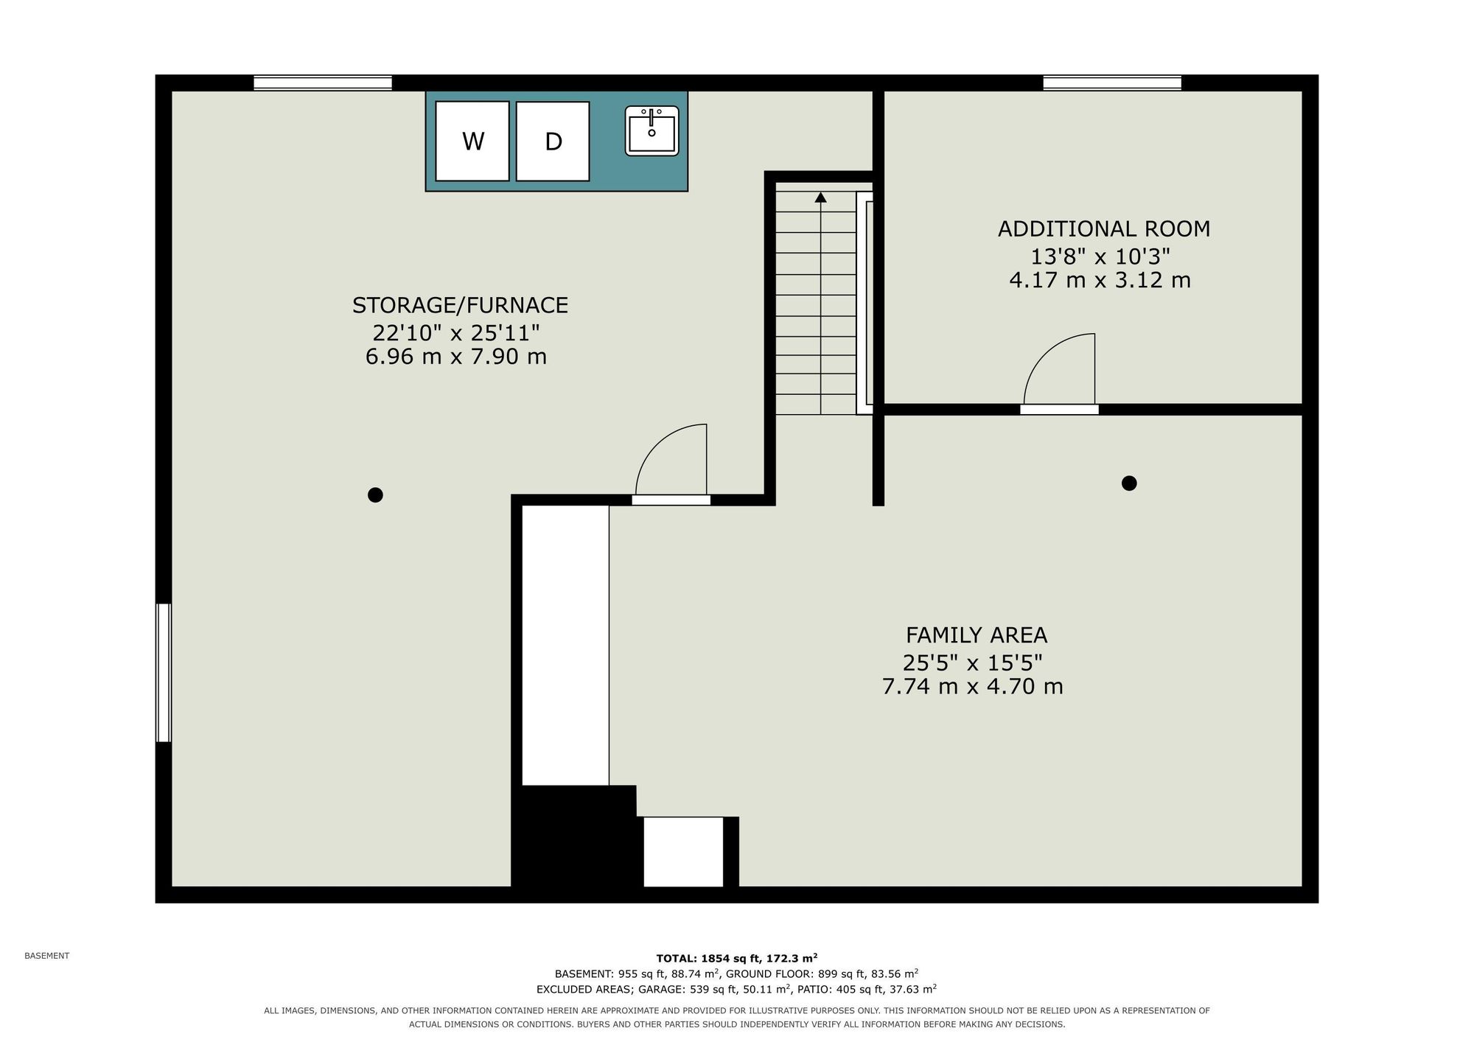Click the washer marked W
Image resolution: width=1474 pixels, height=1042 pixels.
(x=472, y=141)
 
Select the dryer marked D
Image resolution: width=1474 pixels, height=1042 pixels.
(x=553, y=141)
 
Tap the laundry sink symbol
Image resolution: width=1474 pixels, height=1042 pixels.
(x=652, y=130)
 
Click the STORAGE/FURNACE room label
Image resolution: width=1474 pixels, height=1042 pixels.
(x=460, y=305)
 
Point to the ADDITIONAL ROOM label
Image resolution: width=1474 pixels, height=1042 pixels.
(x=1104, y=229)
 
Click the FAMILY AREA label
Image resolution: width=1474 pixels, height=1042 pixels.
(x=977, y=635)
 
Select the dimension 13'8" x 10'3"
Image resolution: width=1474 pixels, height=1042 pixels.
(x=1100, y=256)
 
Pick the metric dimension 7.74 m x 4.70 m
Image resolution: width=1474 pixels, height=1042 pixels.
(x=973, y=687)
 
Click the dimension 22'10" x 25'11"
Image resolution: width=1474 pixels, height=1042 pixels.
(x=456, y=333)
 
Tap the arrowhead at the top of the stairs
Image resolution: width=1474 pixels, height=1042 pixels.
(x=820, y=197)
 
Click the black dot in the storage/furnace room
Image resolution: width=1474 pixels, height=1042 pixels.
(x=375, y=495)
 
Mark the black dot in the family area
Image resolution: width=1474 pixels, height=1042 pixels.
(x=1129, y=483)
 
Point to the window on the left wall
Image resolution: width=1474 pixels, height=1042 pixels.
(x=164, y=673)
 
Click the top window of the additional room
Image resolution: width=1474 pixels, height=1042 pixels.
(x=1112, y=83)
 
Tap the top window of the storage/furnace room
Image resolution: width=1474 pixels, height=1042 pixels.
(x=323, y=83)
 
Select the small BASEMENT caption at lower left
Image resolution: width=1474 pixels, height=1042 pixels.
(x=47, y=956)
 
